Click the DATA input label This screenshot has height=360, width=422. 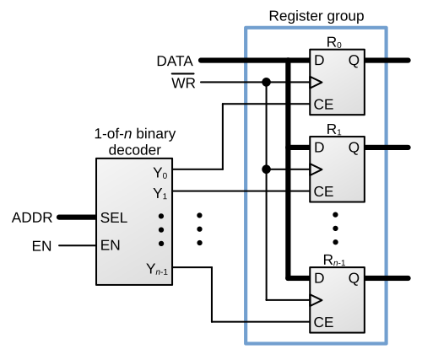175,61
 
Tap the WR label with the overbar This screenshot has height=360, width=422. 183,81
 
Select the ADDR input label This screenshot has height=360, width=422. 32,218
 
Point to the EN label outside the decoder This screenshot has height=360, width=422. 41,246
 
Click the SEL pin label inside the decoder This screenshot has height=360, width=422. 114,218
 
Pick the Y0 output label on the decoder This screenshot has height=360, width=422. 160,173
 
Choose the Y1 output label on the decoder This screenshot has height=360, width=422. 160,194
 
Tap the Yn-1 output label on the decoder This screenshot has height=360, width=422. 157,269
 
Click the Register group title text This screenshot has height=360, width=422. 316,16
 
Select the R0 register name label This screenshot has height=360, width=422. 334,43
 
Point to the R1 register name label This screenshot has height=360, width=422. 334,130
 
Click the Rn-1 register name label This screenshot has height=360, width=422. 334,261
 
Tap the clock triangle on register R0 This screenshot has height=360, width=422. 316,83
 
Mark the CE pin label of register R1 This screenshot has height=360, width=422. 323,191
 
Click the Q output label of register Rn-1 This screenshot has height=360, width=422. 354,279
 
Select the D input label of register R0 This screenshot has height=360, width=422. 319,61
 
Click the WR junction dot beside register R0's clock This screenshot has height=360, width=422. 266,83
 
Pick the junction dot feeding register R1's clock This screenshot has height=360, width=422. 266,169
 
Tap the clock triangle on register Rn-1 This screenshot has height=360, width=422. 316,300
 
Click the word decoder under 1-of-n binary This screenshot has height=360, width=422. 135,150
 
